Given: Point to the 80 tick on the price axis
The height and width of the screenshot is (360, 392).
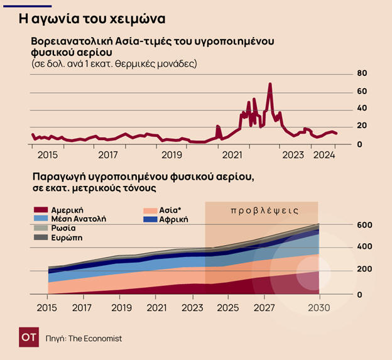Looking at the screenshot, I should point(362,74).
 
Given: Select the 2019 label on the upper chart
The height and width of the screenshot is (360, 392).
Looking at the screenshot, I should point(171,155).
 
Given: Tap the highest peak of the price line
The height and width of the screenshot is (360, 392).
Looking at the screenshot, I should point(270,84).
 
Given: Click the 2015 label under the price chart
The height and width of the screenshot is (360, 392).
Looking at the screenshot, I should point(47,155).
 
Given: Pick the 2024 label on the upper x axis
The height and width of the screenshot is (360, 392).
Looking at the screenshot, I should point(324,155).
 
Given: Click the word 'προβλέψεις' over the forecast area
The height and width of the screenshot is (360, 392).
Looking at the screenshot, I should point(264,210).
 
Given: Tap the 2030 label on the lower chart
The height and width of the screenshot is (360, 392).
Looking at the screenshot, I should point(319,308).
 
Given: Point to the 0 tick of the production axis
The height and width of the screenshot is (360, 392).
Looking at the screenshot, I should point(361,294).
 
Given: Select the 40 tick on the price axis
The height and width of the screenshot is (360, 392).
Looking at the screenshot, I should point(362,108).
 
